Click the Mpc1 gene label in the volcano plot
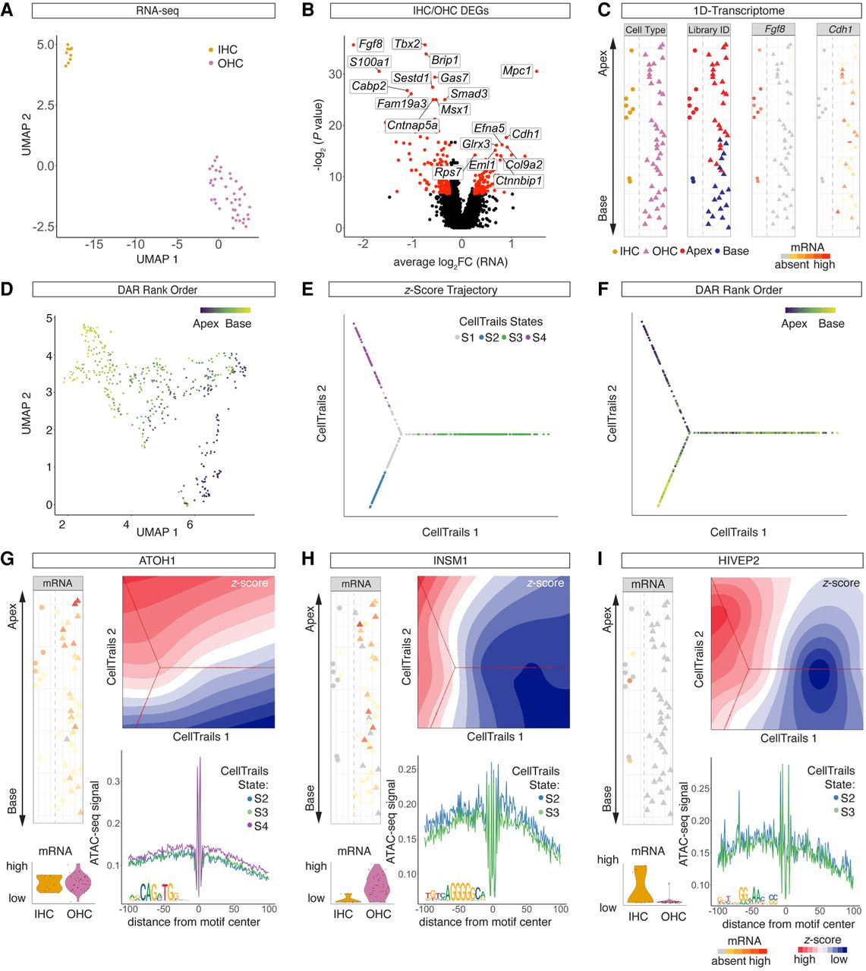pyautogui.click(x=517, y=71)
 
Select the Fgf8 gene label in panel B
pyautogui.click(x=370, y=44)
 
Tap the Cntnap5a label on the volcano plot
pyautogui.click(x=412, y=125)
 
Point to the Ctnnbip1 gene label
pyautogui.click(x=518, y=181)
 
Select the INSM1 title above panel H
pyautogui.click(x=451, y=561)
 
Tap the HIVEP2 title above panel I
pyautogui.click(x=742, y=561)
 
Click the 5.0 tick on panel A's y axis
pyautogui.click(x=46, y=45)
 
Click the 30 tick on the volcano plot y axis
pyautogui.click(x=335, y=74)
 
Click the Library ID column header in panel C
pyautogui.click(x=708, y=30)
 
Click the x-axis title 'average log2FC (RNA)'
pyautogui.click(x=450, y=262)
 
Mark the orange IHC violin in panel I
pyautogui.click(x=639, y=885)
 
